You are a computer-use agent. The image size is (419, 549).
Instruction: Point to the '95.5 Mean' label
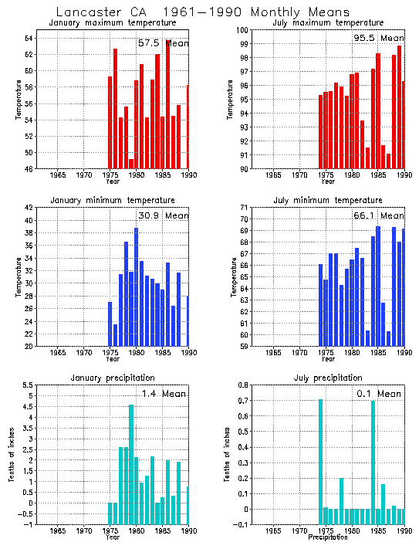[378, 38]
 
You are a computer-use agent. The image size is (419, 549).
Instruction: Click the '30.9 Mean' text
[163, 215]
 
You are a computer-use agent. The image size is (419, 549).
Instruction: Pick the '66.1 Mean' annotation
[378, 215]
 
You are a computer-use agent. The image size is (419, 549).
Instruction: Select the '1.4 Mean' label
[164, 394]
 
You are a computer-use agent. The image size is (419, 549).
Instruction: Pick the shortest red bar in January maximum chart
[131, 164]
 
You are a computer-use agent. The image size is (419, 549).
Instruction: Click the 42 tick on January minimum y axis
[29, 208]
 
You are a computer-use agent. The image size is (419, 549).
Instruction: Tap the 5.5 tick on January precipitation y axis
[26, 385]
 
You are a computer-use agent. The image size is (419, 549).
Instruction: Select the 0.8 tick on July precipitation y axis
[241, 385]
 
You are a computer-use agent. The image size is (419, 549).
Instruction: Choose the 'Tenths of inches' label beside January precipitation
[12, 454]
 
